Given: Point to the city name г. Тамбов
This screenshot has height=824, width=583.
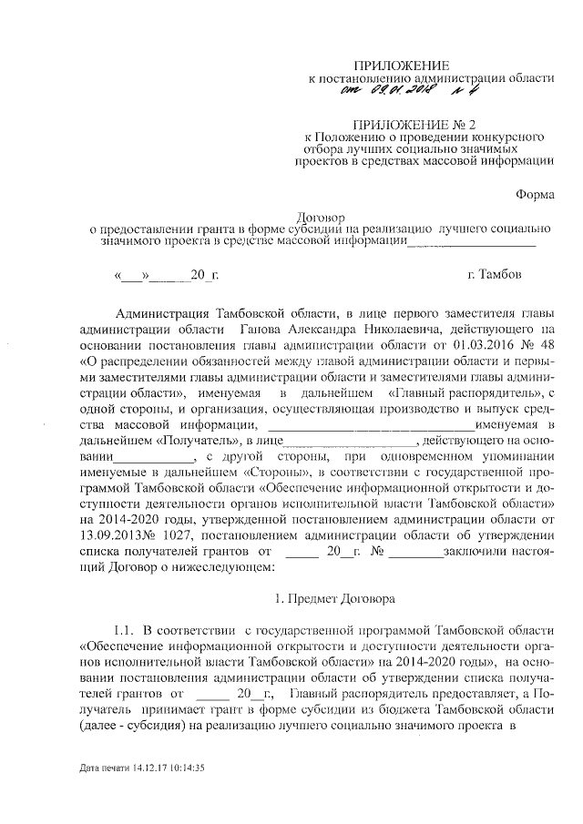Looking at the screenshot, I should tap(495, 273).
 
